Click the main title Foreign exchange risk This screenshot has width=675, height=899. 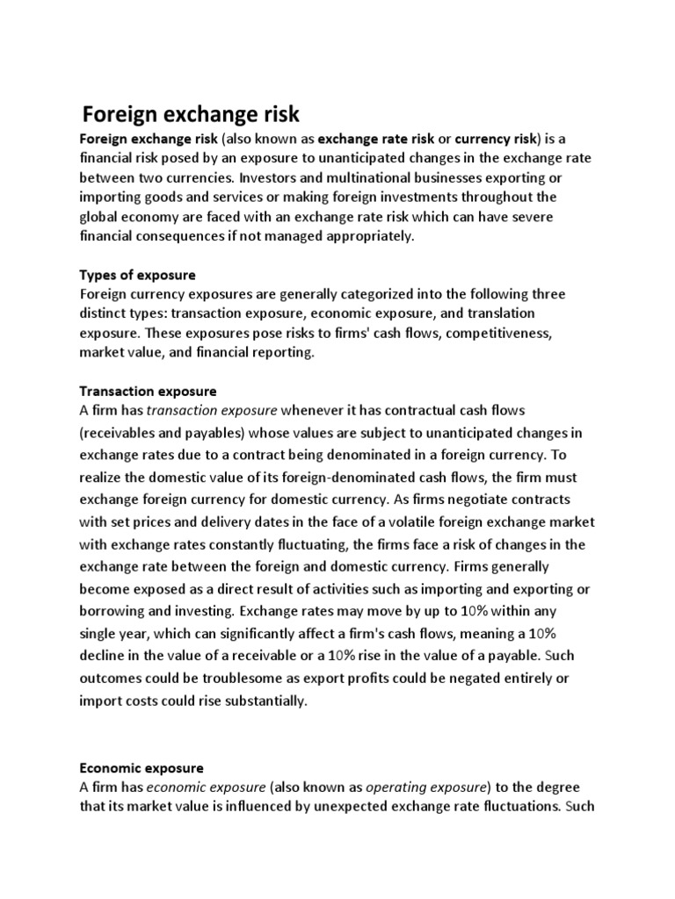191,115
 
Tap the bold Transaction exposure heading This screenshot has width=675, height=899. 148,390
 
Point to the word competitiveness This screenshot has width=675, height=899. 502,333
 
